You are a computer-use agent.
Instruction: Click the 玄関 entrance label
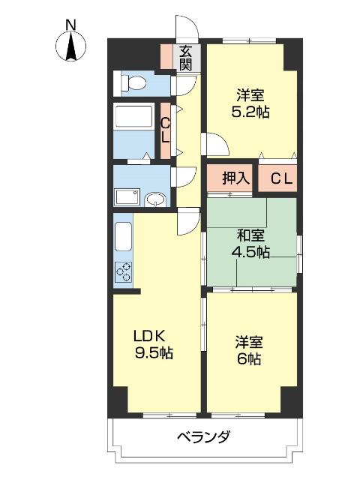(x=186, y=58)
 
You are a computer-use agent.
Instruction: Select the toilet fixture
(x=135, y=82)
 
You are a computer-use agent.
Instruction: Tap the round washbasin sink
(x=155, y=199)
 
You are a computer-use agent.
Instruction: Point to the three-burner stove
(x=124, y=272)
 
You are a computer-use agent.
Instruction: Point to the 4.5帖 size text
(x=251, y=252)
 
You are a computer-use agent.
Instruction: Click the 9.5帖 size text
(x=155, y=352)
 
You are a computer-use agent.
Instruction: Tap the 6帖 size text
(x=250, y=359)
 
